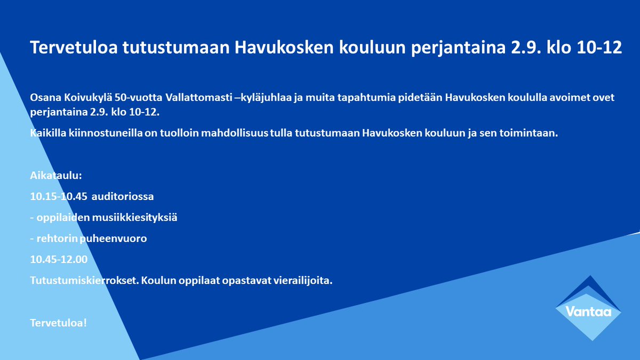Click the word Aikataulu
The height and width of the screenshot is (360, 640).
pos(56,176)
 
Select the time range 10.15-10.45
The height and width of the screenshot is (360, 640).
pos(58,196)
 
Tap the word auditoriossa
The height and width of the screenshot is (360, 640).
pos(123,196)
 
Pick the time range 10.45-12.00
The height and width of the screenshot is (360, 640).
pos(58,260)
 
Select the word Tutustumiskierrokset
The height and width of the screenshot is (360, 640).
pos(81,281)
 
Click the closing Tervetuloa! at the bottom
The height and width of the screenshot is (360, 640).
pos(58,323)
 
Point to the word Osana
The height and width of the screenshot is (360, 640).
pos(44,99)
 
